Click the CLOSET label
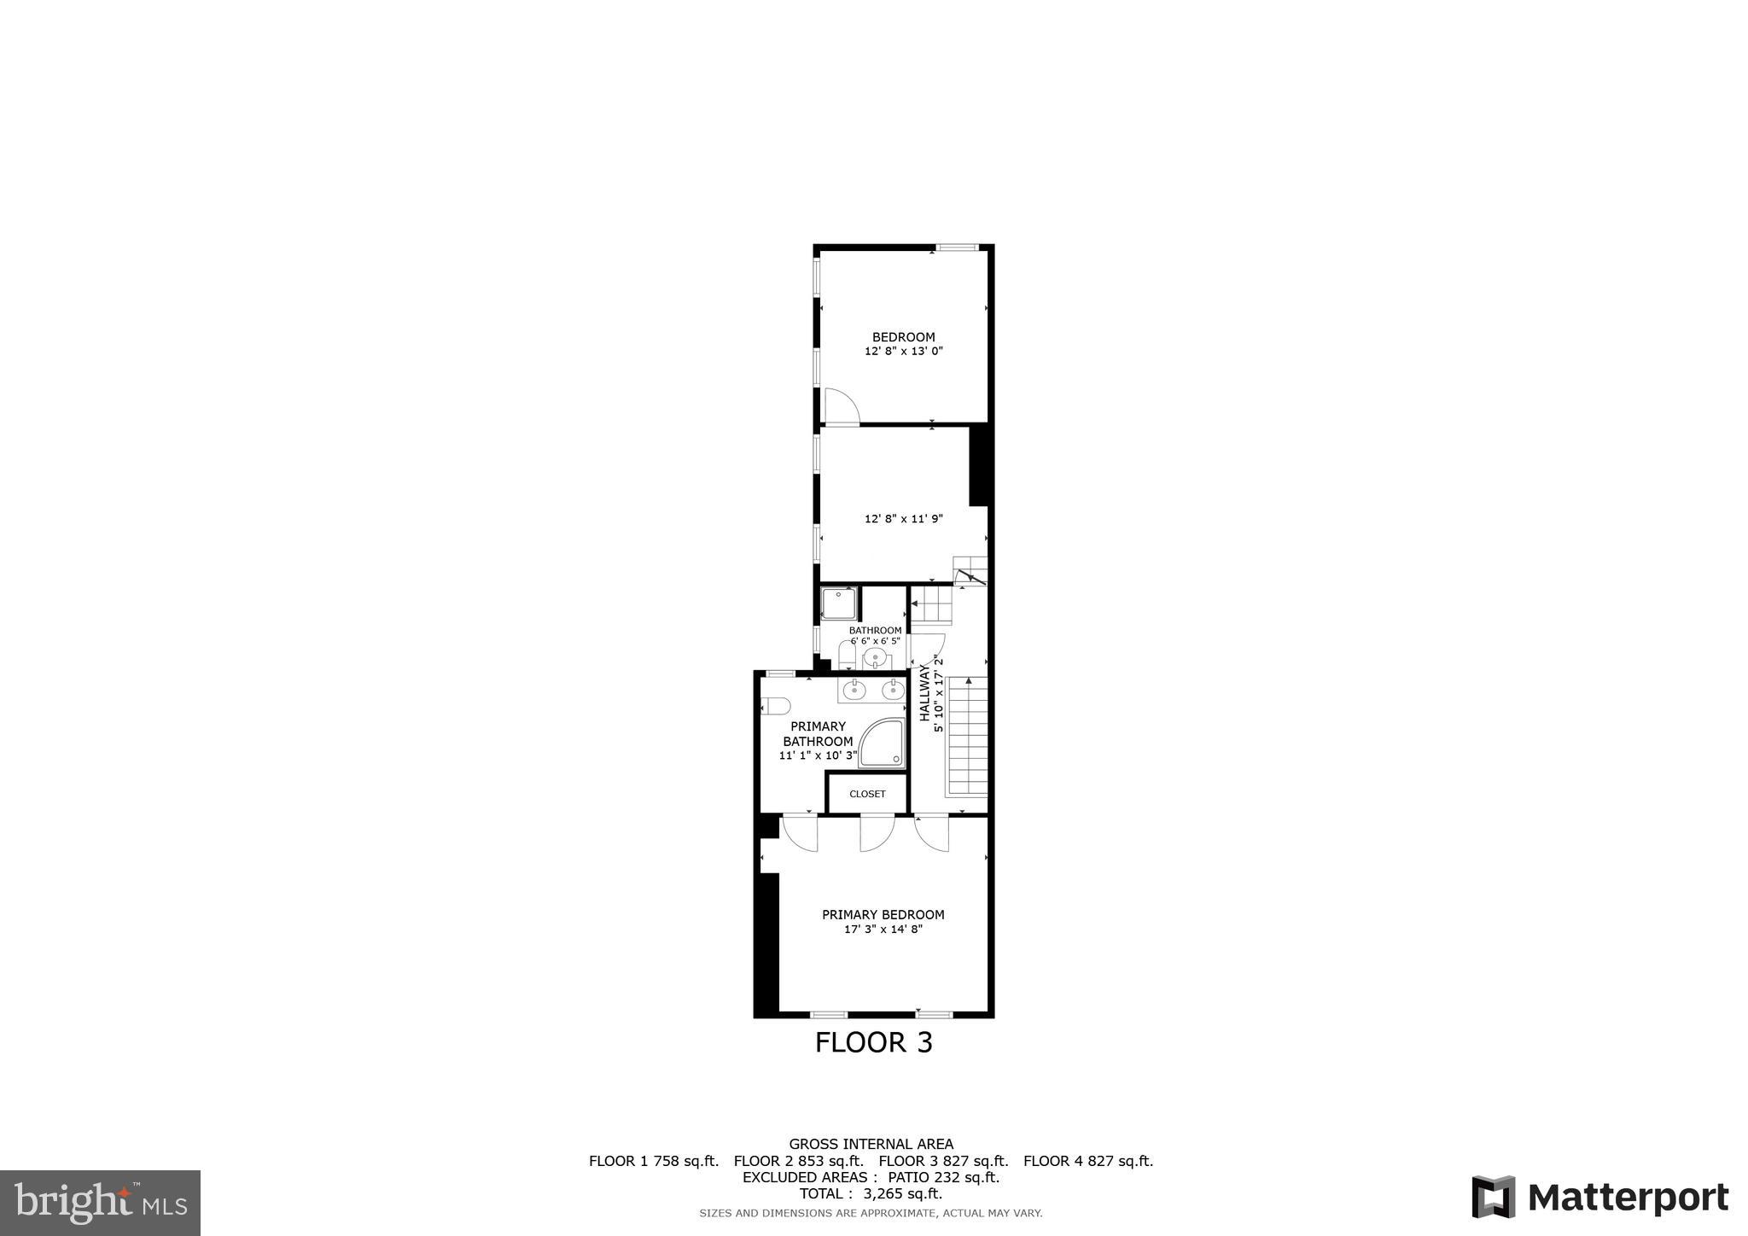pyautogui.click(x=867, y=794)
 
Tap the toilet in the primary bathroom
pyautogui.click(x=775, y=706)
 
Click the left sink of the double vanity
pyautogui.click(x=854, y=690)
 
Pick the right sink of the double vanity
pyautogui.click(x=893, y=690)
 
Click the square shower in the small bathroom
pyautogui.click(x=839, y=603)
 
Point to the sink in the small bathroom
pyautogui.click(x=875, y=658)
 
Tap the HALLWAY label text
pyautogui.click(x=924, y=694)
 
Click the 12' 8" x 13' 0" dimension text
pyautogui.click(x=903, y=351)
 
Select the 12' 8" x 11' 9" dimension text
pyautogui.click(x=903, y=518)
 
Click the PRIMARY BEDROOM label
pyautogui.click(x=883, y=914)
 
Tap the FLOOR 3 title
pyautogui.click(x=873, y=1043)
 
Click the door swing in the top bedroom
pyautogui.click(x=841, y=405)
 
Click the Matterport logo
pyautogui.click(x=1599, y=1197)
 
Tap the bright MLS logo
pyautogui.click(x=100, y=1203)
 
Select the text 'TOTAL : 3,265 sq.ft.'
pyautogui.click(x=871, y=1193)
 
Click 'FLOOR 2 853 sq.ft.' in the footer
pyautogui.click(x=798, y=1161)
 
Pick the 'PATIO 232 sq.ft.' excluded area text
pyautogui.click(x=943, y=1177)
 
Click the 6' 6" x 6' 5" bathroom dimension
pyautogui.click(x=875, y=640)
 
